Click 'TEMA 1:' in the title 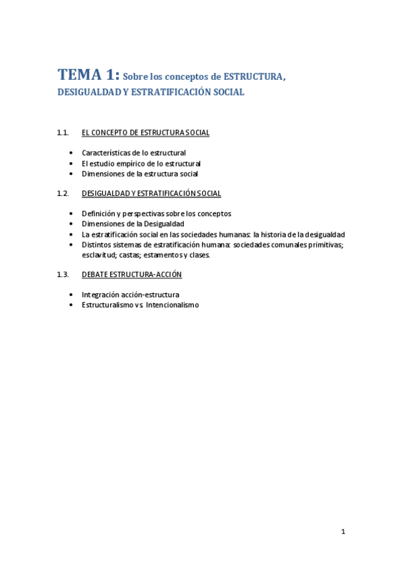(x=89, y=74)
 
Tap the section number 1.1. (x=63, y=133)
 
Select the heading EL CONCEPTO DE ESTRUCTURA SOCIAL (x=145, y=133)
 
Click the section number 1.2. (x=63, y=193)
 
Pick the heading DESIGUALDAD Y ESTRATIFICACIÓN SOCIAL (x=151, y=193)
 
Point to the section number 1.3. (x=63, y=274)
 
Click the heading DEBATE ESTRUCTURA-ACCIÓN (x=132, y=274)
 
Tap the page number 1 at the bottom (x=343, y=532)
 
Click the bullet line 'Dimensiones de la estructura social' (x=140, y=174)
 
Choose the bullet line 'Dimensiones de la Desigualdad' (x=133, y=223)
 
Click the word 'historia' (x=275, y=234)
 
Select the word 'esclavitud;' (x=99, y=255)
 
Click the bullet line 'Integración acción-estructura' (x=130, y=295)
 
